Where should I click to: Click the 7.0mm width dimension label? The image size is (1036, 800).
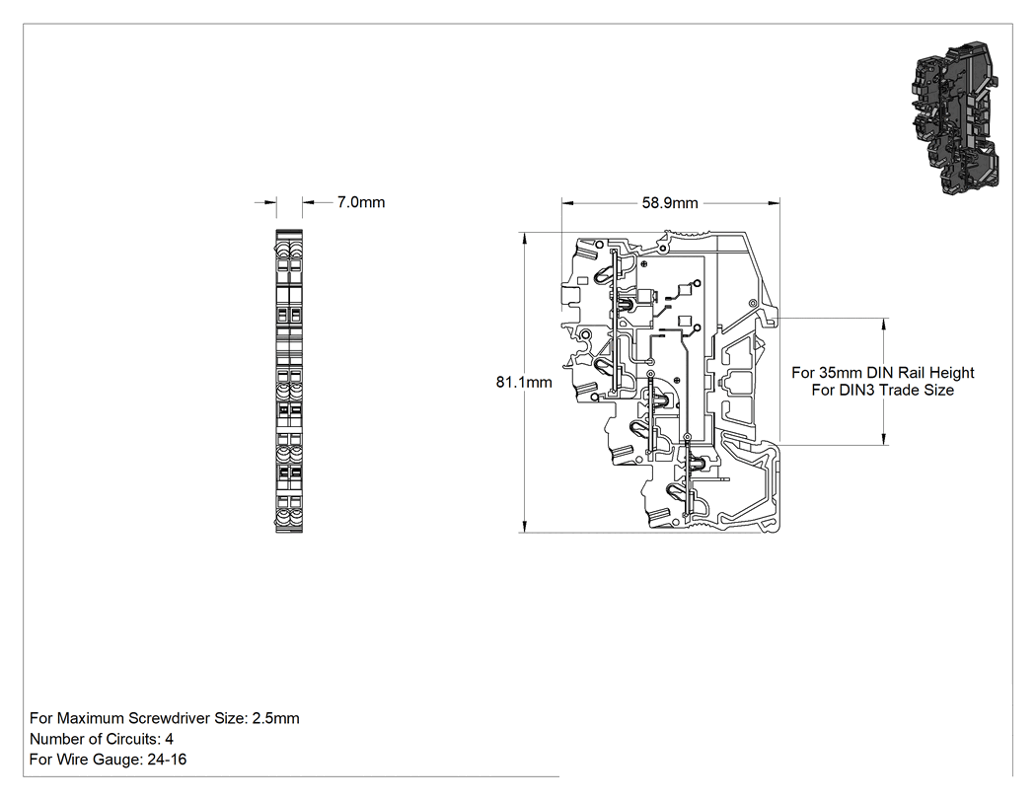[x=361, y=202]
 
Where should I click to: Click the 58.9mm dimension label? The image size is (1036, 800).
[x=670, y=203]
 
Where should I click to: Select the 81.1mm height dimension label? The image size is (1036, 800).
[x=524, y=382]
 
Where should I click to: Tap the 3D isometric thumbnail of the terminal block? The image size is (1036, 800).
[x=956, y=119]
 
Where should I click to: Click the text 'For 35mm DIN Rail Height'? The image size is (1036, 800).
[x=883, y=373]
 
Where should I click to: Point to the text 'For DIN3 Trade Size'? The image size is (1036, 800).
[x=883, y=390]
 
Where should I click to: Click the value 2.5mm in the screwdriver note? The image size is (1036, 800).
[x=275, y=718]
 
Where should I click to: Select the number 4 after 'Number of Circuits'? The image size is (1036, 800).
[x=169, y=739]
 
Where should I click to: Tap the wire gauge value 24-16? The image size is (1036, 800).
[x=167, y=759]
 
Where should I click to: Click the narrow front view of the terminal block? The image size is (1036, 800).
[x=289, y=381]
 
